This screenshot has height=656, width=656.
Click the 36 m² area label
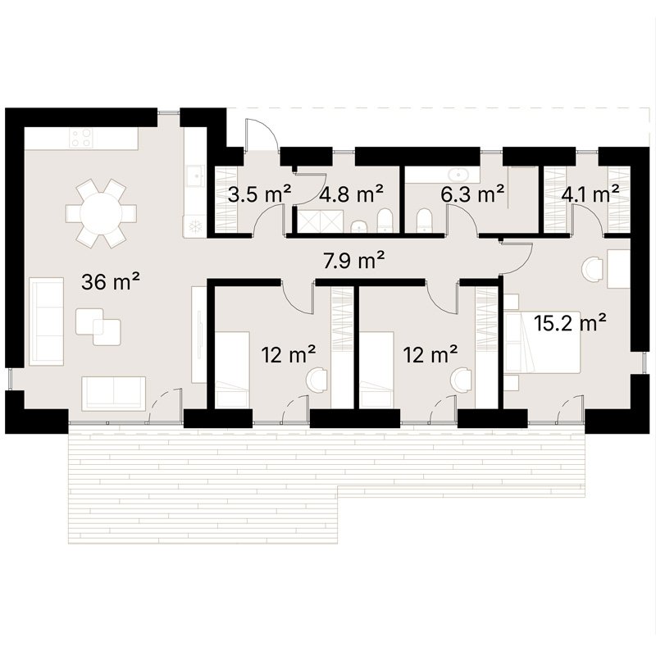tap(111, 282)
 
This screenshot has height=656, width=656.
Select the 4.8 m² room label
tap(353, 194)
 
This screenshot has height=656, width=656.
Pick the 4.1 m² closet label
tap(590, 194)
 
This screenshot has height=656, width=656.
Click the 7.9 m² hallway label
tap(354, 261)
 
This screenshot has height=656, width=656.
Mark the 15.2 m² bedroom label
tap(570, 322)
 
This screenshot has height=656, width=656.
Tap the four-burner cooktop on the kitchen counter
tap(80, 138)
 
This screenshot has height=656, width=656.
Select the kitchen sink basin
tap(195, 175)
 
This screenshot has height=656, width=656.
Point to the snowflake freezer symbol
tap(195, 225)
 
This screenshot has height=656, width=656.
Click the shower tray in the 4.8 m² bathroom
tap(312, 220)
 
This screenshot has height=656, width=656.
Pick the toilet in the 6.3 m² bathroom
tap(424, 219)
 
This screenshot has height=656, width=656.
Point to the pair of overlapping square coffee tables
tap(98, 326)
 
